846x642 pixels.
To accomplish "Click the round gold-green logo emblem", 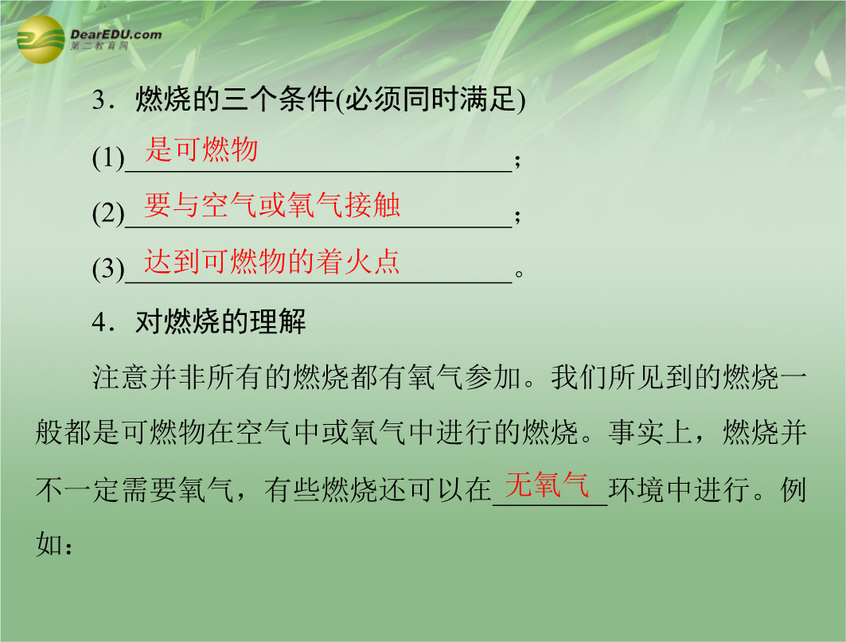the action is (x=41, y=39).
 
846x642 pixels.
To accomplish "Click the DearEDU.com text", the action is (x=116, y=35).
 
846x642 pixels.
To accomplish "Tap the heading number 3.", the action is (x=99, y=99).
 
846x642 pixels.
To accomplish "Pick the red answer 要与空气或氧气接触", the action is (x=272, y=205).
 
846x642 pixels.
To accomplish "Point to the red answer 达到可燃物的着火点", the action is (x=271, y=261).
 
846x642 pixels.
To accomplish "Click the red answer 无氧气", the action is (x=547, y=484).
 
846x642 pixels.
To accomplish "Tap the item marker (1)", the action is (x=108, y=158).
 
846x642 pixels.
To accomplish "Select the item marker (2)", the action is (x=108, y=213).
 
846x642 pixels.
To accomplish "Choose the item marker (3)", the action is (x=108, y=269).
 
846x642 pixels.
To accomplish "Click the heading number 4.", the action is (x=99, y=322).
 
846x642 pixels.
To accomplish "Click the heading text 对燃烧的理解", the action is (x=220, y=322).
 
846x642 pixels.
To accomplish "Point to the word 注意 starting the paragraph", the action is (x=120, y=377).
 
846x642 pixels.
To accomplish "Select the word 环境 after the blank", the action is (x=637, y=489).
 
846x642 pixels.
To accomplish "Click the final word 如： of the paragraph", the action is (x=54, y=544).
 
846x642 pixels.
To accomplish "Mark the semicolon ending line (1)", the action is (x=517, y=160).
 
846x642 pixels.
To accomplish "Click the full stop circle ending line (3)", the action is (x=519, y=274).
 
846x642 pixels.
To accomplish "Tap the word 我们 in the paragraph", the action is (x=579, y=377).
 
